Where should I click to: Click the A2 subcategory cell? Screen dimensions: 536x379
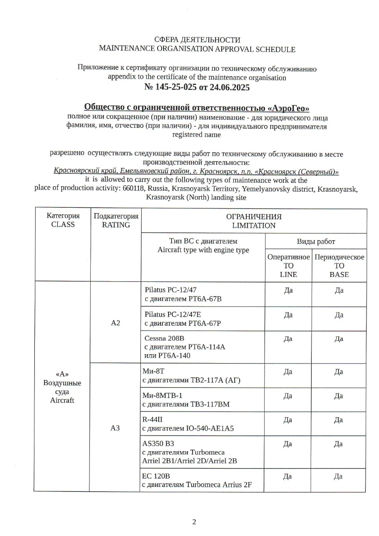pos(116,322)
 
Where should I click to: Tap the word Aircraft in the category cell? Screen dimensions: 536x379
pos(62,400)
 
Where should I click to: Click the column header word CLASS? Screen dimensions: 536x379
pos(63,224)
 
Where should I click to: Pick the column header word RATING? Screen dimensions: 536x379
pos(116,225)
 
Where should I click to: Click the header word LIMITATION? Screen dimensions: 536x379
pos(254,226)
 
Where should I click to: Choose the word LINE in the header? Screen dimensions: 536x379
pos(288,274)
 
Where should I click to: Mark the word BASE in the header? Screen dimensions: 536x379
pos(339,274)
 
